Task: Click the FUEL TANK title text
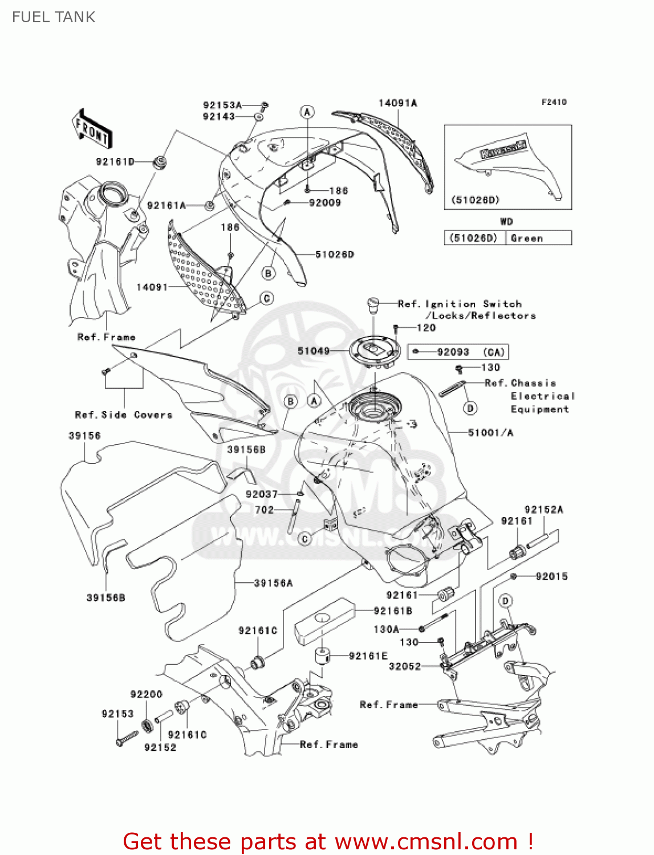click(x=54, y=17)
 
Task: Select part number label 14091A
click(x=397, y=103)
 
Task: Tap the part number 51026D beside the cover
click(x=335, y=254)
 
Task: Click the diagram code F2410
click(x=554, y=102)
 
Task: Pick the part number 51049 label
click(x=314, y=351)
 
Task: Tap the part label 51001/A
click(x=490, y=433)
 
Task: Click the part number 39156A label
click(x=273, y=583)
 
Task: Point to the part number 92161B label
click(x=393, y=611)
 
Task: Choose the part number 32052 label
click(x=404, y=666)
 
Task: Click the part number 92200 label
click(x=147, y=694)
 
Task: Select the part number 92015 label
click(x=551, y=576)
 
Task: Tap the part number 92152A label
click(x=543, y=510)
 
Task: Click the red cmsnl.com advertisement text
click(x=328, y=841)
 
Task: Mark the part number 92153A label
click(x=222, y=105)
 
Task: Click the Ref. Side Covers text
click(x=124, y=415)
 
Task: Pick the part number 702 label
click(x=264, y=510)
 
